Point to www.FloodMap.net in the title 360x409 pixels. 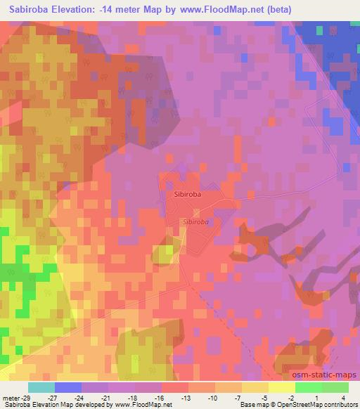point(219,10)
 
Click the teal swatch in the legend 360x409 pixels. point(41,387)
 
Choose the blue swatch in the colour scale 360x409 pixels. point(67,387)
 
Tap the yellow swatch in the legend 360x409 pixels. point(281,387)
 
